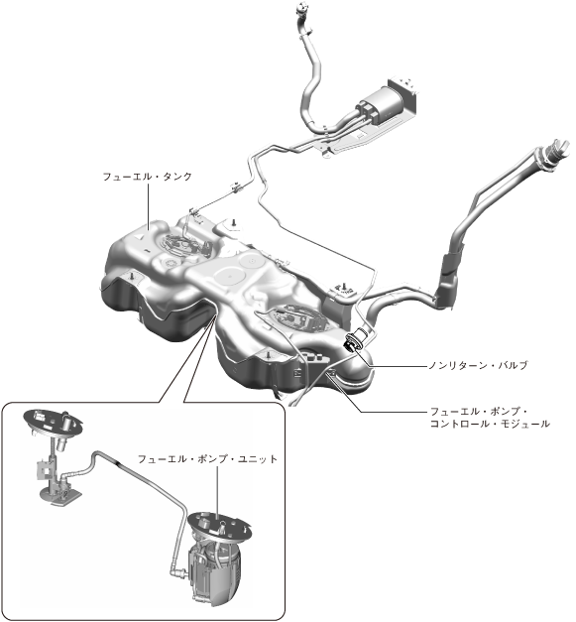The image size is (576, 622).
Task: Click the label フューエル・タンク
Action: [147, 177]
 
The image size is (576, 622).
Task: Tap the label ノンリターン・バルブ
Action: [479, 365]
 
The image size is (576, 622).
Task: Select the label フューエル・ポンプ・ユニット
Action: [207, 459]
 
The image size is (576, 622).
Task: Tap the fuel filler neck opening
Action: [555, 152]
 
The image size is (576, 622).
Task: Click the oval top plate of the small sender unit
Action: [53, 422]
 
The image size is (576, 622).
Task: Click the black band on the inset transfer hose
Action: [118, 462]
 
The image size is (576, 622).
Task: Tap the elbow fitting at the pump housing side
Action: [178, 572]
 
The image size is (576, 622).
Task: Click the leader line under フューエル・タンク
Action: [149, 206]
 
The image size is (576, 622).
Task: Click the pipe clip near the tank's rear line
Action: [237, 187]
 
